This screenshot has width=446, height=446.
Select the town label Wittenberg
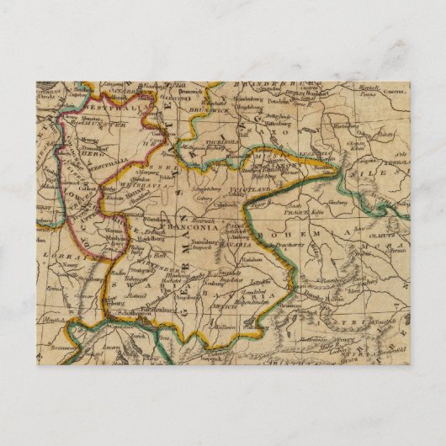pos(271,132)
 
